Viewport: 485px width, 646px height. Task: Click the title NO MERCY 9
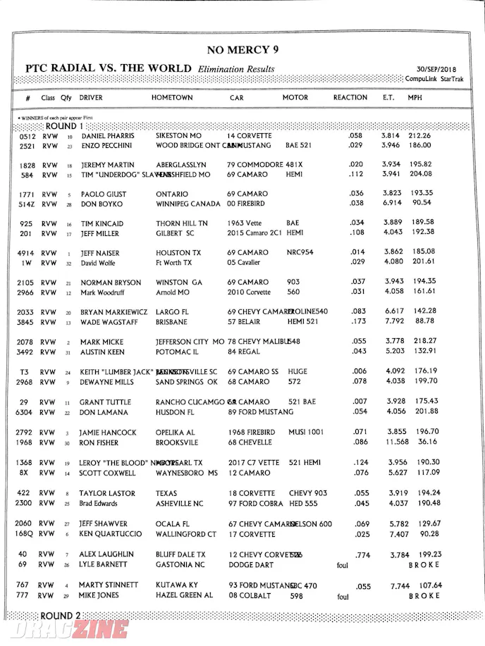238,49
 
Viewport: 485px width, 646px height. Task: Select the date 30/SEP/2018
436,69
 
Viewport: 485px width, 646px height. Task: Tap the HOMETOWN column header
172,97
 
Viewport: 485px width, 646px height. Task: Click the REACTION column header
350,97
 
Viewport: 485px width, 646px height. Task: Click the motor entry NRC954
300,253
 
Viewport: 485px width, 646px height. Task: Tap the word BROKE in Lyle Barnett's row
424,565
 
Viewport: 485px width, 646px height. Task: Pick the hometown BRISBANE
172,322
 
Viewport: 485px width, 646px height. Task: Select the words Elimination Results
236,69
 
